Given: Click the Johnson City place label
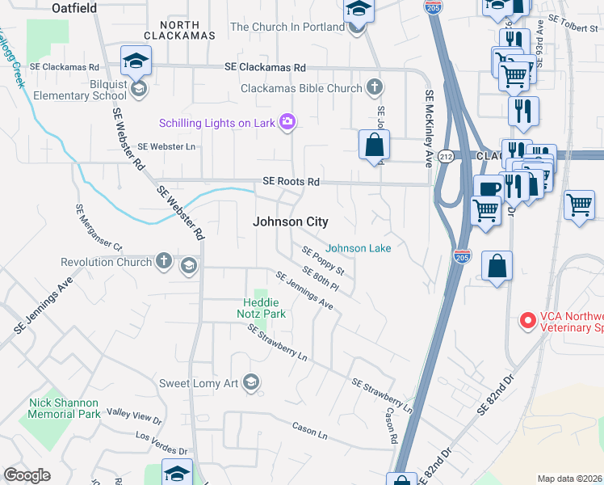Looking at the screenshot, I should point(290,221).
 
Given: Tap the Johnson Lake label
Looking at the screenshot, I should point(359,248).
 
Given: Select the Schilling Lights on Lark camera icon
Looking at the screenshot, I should point(287,122).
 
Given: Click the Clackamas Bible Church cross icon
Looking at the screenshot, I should point(374,86).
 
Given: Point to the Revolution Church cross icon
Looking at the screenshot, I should point(164,262).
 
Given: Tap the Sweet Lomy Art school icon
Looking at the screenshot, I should point(251,383).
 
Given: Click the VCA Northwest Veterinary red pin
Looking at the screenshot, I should point(528,321).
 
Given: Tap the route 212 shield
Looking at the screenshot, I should point(446,155).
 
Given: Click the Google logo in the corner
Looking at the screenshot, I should point(27,475).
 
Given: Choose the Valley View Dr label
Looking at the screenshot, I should point(134,417).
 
